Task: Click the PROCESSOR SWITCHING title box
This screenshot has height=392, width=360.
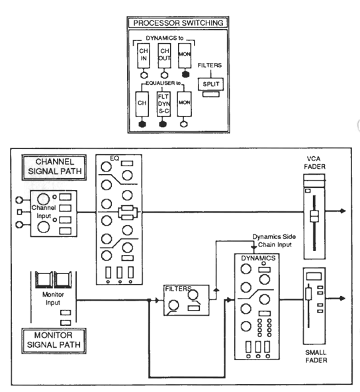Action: (178, 23)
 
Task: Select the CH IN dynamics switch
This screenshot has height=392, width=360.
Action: (144, 55)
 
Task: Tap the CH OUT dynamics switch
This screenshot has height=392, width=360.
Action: (164, 55)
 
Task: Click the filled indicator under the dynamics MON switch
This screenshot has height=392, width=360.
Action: (185, 74)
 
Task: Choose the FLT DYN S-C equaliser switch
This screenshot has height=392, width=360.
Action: (163, 104)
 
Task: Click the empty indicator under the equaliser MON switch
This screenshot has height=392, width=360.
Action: (184, 124)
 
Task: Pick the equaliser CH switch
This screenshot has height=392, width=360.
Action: (142, 104)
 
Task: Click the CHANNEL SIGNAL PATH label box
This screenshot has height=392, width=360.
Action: (54, 167)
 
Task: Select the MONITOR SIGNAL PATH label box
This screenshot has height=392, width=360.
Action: (54, 340)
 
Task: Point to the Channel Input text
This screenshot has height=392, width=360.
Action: (44, 212)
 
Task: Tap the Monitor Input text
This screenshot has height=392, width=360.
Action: (53, 298)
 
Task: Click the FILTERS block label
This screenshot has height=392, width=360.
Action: (178, 289)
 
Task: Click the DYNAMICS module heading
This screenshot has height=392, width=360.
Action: (258, 258)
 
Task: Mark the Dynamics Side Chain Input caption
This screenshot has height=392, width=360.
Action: (275, 240)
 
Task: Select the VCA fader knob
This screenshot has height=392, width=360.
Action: (314, 216)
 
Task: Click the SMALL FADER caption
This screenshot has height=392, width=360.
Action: (316, 356)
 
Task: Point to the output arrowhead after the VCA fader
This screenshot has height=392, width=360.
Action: (343, 211)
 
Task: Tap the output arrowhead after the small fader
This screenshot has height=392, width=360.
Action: (343, 298)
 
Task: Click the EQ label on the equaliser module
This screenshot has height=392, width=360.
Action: (114, 158)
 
